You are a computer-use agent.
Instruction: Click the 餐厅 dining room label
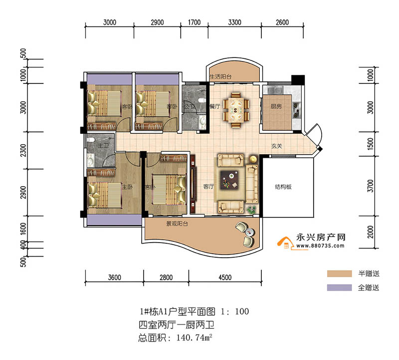point(215,106)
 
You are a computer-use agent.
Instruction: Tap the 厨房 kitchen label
point(277,106)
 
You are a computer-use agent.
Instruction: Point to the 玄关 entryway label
point(277,147)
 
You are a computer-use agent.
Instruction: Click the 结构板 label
point(283,187)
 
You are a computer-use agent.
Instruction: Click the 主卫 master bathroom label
point(103,145)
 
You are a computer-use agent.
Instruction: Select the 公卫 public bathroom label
point(188,106)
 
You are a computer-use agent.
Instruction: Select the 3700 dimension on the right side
point(370,187)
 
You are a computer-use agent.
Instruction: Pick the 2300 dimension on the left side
point(22,150)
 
